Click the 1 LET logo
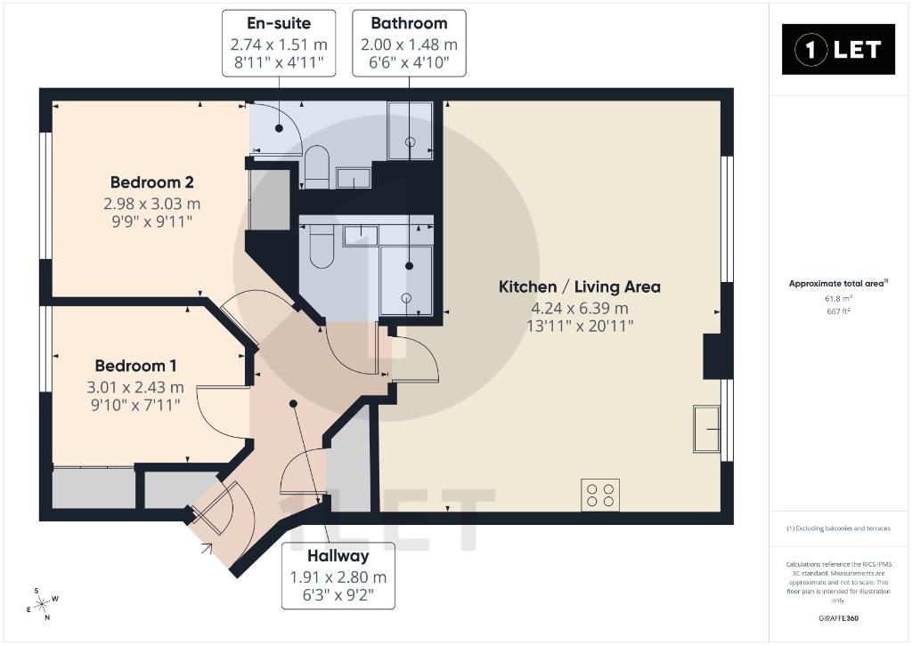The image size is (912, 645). coord(837,50)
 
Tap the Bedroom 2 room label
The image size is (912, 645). coord(151,182)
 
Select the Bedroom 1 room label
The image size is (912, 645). coord(135,366)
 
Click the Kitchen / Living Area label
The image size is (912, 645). coord(579,286)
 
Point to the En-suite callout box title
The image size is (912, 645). coord(279,23)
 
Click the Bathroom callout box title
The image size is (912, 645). coord(409,23)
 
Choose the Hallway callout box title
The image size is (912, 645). coord(338,556)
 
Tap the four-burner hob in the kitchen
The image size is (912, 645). coord(600,495)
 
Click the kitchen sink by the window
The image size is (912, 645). coord(706,429)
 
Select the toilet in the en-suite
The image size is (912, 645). coord(317,165)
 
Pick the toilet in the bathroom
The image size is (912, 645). coord(322,246)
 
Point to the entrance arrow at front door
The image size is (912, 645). coord(207,547)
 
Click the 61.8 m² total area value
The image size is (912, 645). coord(838,299)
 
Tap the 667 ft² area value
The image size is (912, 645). coord(838,311)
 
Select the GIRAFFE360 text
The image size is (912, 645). coord(838,618)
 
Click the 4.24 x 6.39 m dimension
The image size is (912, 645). coord(579,308)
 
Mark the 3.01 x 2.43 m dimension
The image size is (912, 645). coord(135,387)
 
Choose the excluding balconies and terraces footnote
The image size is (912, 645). coord(838,528)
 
